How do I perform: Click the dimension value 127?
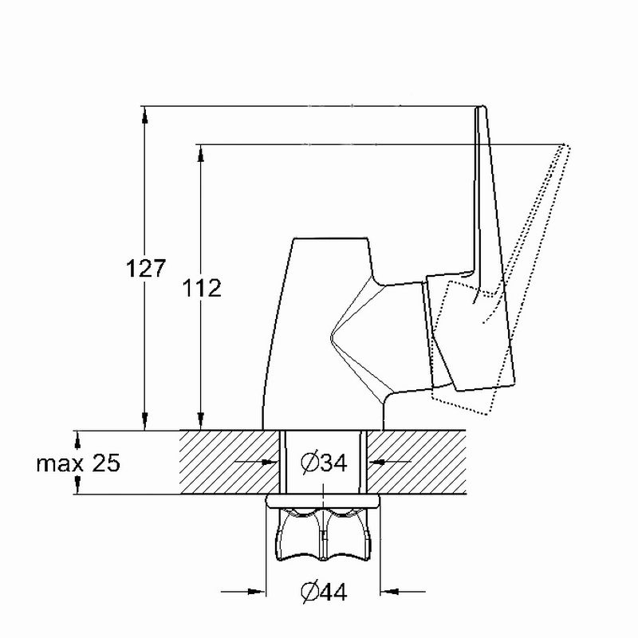tap(146, 269)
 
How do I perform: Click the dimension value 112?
tap(202, 288)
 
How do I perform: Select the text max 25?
tap(78, 463)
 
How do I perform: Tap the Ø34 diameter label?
tap(324, 463)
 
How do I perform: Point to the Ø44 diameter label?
tap(324, 592)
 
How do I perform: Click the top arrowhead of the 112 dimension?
tap(200, 153)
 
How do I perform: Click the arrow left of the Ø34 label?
tap(256, 462)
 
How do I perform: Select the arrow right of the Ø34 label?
tap(389, 462)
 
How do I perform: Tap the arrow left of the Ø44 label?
tap(243, 592)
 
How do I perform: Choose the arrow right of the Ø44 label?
tap(403, 591)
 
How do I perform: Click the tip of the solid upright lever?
tap(482, 107)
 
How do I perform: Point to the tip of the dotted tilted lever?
tap(565, 145)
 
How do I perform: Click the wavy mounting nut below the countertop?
tap(324, 534)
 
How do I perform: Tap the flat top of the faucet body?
tap(331, 238)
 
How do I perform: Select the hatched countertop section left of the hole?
tap(230, 463)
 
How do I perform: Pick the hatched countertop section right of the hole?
tap(416, 463)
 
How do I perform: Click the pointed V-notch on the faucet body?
tap(331, 337)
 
